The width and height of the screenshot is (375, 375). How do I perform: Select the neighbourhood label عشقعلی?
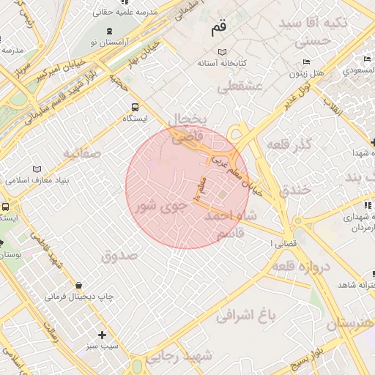(x=240, y=86)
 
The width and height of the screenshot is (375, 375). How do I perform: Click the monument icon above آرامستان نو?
(x=109, y=31)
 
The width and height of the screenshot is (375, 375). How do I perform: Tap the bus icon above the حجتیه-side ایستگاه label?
(x=133, y=107)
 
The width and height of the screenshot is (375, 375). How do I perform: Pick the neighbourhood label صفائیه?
(x=81, y=154)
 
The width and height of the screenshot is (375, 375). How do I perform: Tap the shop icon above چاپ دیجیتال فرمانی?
(x=78, y=285)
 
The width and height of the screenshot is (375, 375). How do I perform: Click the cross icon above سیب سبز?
(x=103, y=334)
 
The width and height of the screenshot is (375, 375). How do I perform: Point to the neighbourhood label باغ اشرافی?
(x=246, y=316)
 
